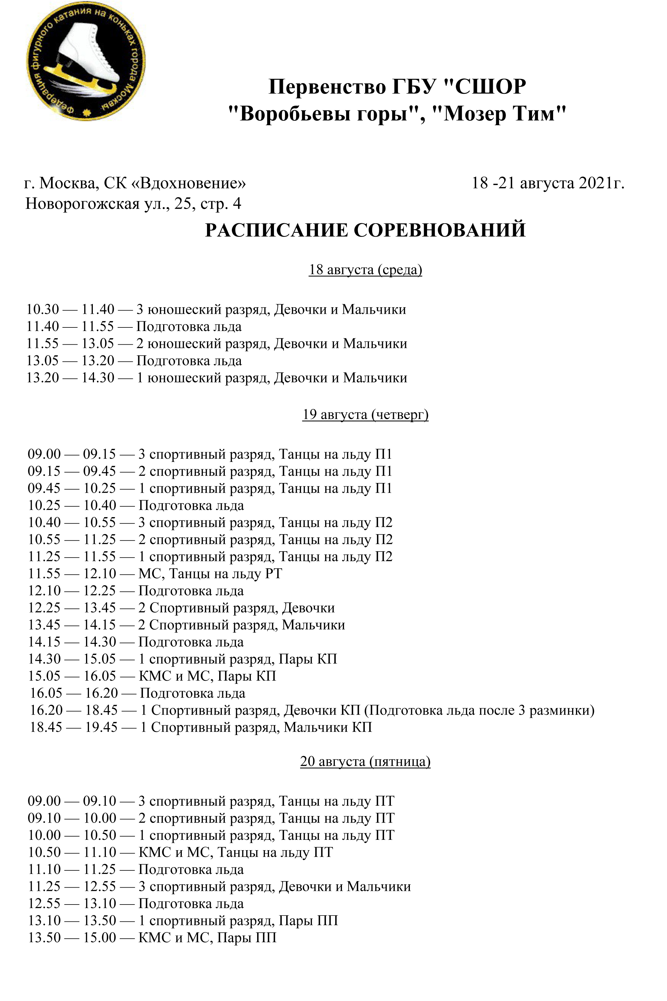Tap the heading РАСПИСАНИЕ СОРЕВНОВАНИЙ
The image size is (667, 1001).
365,230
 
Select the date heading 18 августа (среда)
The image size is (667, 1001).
365,270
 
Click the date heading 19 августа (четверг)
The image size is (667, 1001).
365,414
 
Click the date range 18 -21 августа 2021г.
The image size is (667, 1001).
548,183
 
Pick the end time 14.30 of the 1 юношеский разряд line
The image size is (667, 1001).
98,378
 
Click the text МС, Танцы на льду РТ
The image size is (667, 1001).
210,574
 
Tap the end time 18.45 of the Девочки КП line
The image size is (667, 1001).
101,710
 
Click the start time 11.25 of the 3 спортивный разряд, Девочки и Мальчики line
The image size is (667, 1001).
44,886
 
